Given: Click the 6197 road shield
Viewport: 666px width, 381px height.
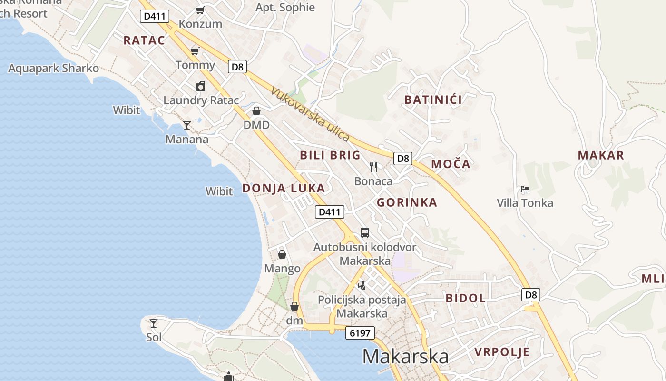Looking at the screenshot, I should point(360,333).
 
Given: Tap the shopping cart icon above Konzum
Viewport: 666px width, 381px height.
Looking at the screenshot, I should point(200,10).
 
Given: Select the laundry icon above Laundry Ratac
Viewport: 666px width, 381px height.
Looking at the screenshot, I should point(201,86).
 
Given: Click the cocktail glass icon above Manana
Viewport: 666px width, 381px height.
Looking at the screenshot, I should point(187,125).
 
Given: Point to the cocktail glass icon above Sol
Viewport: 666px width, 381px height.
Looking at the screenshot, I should point(154,323).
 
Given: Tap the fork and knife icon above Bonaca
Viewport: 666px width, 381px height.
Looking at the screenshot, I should point(373,167).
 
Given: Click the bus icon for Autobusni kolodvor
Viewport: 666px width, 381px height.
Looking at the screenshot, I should point(365,233).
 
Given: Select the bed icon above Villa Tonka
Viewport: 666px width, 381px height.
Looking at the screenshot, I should point(525,189).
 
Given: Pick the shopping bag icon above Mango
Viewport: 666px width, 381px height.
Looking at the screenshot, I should point(282,254).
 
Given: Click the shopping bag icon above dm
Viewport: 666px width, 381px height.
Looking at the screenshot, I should point(294,306).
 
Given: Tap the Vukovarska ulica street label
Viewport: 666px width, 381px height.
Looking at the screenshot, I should point(311,114).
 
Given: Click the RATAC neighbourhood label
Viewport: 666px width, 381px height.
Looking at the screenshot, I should point(144,40).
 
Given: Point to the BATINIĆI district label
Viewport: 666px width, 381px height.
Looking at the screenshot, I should point(433,100).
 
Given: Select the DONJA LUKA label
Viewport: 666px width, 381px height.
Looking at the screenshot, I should point(284,188).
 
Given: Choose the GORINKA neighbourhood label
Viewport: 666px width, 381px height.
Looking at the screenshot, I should point(407,202).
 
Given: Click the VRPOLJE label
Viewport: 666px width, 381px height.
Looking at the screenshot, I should point(502,352).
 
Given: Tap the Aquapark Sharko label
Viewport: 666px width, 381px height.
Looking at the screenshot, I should point(54,69).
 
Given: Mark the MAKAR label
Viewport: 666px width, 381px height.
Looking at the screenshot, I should point(601,155).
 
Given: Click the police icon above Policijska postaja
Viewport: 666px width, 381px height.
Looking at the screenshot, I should point(362,285).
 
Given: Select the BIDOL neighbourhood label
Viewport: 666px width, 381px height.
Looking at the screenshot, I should point(465,299).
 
